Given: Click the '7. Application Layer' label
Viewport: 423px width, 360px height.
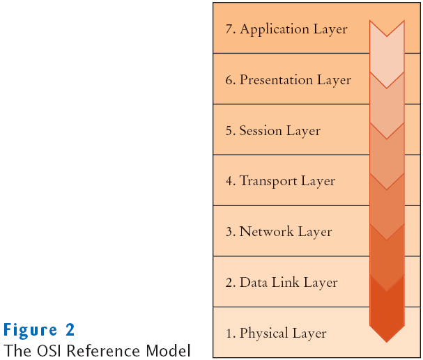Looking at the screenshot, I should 286,29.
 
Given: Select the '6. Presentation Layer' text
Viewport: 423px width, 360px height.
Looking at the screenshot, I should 289,80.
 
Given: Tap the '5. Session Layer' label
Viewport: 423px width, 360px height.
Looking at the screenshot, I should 272,131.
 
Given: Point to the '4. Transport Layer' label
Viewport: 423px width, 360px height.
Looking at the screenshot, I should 280,181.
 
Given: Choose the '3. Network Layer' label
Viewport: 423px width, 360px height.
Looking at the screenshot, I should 279,232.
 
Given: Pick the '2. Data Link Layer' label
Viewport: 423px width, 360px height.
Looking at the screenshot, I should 282,283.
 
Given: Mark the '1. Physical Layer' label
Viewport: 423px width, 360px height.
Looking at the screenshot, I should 276,334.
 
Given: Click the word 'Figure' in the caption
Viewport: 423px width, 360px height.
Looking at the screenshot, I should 29,329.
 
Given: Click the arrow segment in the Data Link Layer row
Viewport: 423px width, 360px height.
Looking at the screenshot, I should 387,292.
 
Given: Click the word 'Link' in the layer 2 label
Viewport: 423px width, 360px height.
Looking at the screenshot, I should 288,283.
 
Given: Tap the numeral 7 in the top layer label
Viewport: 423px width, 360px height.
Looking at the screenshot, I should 229,29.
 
